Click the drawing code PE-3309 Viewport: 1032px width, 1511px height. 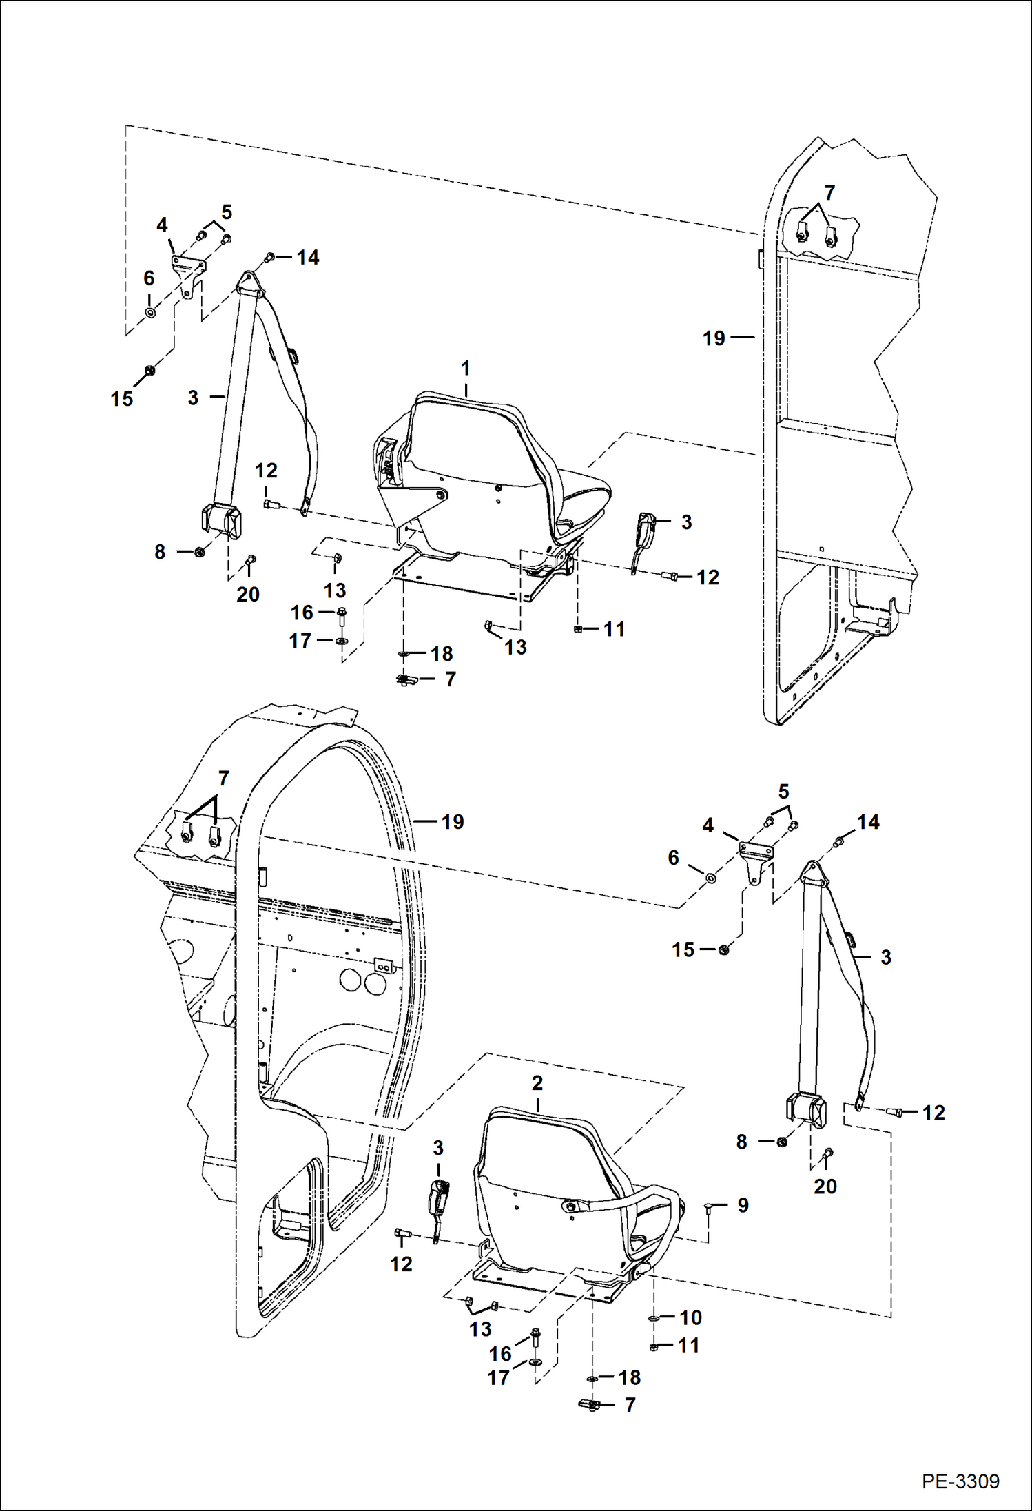tap(960, 1481)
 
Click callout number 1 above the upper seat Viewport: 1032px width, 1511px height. tap(466, 369)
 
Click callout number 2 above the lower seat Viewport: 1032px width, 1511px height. tap(537, 1082)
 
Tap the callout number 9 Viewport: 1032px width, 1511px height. tap(743, 1205)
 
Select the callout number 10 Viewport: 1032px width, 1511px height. tap(690, 1317)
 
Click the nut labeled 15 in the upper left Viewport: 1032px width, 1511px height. tap(149, 371)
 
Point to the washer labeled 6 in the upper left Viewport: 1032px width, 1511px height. tap(149, 313)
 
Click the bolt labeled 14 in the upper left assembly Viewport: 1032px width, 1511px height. tap(269, 257)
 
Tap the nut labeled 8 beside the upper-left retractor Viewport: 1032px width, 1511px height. tap(200, 552)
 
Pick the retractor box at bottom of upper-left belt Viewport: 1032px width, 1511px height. tap(222, 521)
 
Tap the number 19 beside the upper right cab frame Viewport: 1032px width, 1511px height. tap(714, 338)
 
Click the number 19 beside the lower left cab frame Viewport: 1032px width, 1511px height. tap(453, 821)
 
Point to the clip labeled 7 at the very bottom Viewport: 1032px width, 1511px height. tap(588, 1405)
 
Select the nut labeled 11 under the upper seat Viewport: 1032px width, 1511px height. tap(579, 629)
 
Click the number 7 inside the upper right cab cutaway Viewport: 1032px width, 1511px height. tap(829, 193)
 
